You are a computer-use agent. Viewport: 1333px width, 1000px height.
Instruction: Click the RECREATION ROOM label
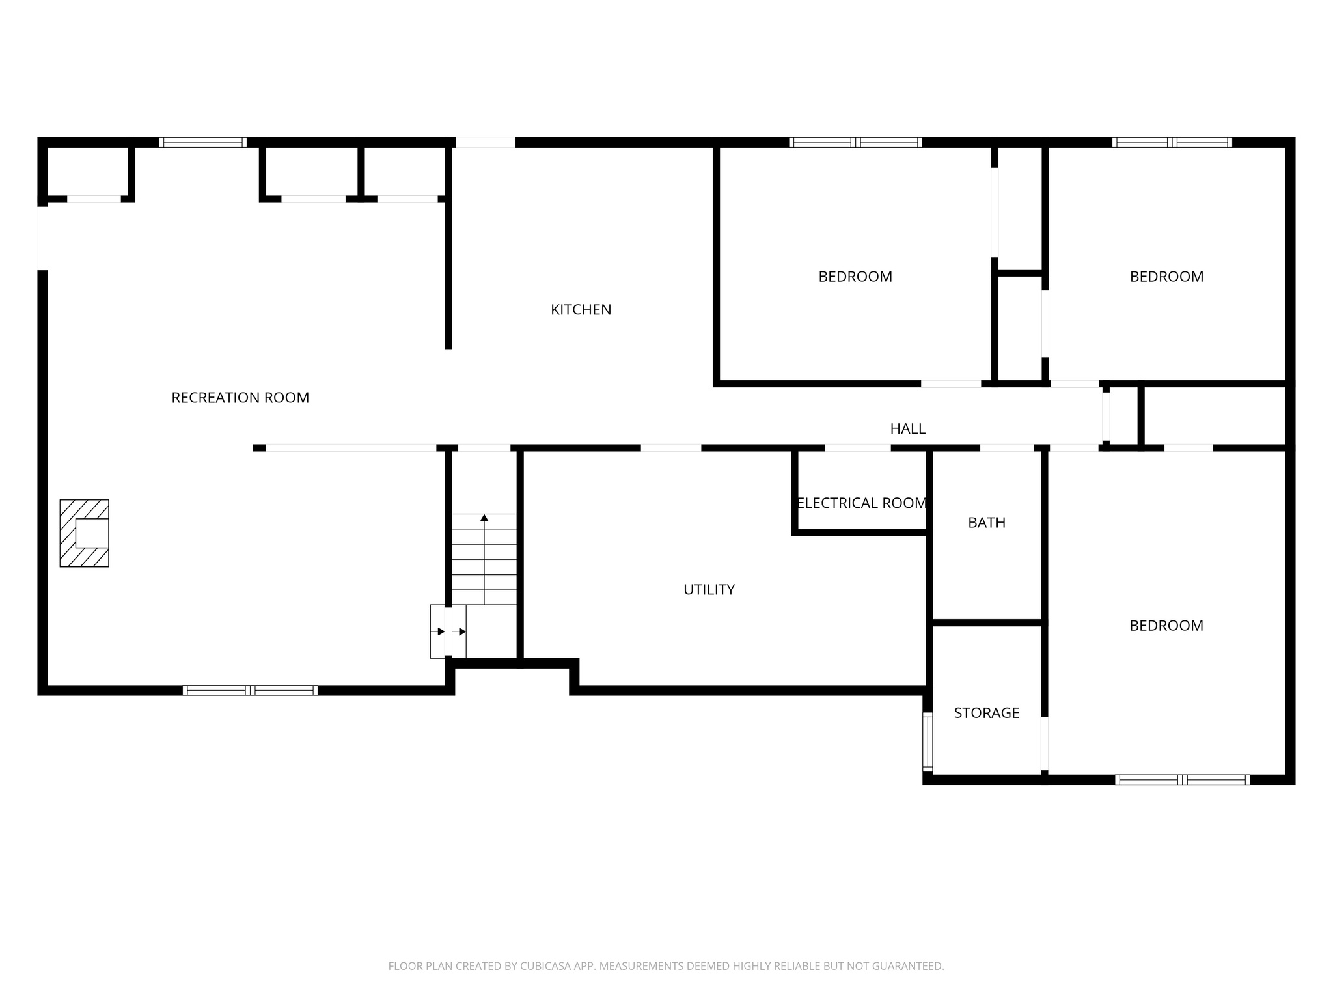[x=240, y=398]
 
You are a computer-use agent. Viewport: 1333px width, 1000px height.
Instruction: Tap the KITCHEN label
[x=581, y=310]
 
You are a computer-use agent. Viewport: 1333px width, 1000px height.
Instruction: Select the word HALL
[x=907, y=428]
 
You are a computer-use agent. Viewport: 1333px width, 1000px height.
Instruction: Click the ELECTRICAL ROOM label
[x=861, y=503]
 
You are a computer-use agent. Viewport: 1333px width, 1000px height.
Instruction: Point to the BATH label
[x=986, y=523]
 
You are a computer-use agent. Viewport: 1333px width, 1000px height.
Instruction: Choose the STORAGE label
[x=986, y=713]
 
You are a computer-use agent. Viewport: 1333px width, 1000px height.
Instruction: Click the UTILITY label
[x=709, y=590]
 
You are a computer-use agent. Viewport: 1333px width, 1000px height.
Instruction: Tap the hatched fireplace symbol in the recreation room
[x=85, y=533]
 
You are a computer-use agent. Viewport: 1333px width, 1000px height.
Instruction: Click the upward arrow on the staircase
[x=484, y=519]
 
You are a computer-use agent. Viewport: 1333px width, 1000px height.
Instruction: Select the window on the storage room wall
[x=928, y=742]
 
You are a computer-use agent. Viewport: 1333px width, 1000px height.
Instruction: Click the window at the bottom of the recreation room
[x=251, y=691]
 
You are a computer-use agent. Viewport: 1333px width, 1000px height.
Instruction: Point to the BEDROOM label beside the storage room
[x=1166, y=626]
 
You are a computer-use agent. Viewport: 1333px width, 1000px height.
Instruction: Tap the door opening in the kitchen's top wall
[x=486, y=143]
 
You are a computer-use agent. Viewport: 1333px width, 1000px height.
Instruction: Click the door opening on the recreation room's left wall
[x=42, y=238]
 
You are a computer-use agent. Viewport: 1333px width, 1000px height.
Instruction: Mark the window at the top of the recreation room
[x=202, y=143]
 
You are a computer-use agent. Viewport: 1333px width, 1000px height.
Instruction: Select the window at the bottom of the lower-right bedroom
[x=1181, y=779]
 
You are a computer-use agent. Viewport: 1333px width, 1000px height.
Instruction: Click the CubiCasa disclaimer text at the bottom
[x=666, y=966]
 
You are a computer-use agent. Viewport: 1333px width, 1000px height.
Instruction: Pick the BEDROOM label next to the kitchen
[x=855, y=277]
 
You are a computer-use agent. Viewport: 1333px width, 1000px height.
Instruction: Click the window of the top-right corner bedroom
[x=1172, y=143]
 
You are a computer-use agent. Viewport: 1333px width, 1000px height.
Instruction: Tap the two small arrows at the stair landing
[x=451, y=632]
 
